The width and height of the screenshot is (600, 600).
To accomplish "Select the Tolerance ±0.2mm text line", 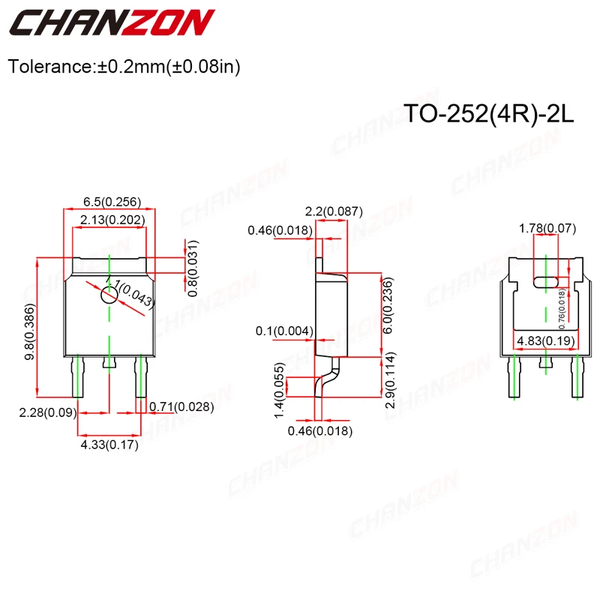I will pos(124,67).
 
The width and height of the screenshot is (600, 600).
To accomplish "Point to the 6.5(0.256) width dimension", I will pos(112,202).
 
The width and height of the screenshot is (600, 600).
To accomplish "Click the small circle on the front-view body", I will pos(109,295).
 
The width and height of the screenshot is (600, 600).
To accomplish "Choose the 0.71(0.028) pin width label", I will pos(182,407).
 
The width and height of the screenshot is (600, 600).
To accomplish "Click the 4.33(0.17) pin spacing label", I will pos(109,445).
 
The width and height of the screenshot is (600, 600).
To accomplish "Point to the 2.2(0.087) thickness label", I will pos(336,212).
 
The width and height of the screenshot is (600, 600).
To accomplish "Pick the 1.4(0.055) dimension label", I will pos(278,389).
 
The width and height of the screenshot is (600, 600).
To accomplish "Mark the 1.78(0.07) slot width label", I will pos(545,227).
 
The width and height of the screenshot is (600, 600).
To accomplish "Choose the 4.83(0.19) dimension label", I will pos(544,342).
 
